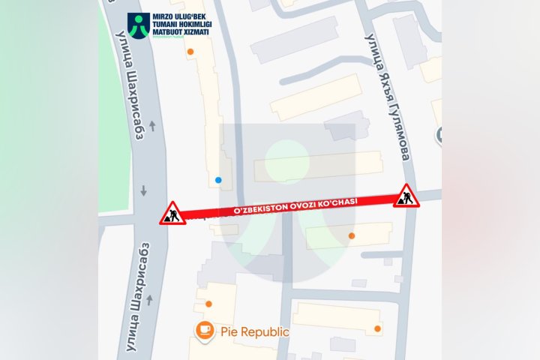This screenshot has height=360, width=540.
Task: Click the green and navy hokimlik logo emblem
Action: pyautogui.click(x=137, y=26)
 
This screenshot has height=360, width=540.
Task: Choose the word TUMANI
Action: pyautogui.click(x=164, y=25)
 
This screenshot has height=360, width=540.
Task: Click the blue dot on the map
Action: pyautogui.click(x=218, y=180)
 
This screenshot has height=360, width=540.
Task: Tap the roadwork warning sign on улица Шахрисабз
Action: pyautogui.click(x=171, y=214)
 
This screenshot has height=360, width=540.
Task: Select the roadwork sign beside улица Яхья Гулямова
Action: pyautogui.click(x=406, y=196)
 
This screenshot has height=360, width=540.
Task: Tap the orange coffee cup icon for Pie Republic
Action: pyautogui.click(x=203, y=330)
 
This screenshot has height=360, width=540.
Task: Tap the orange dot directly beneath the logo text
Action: pyautogui.click(x=190, y=52)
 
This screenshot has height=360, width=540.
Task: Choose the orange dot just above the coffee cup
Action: pyautogui.click(x=208, y=304)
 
